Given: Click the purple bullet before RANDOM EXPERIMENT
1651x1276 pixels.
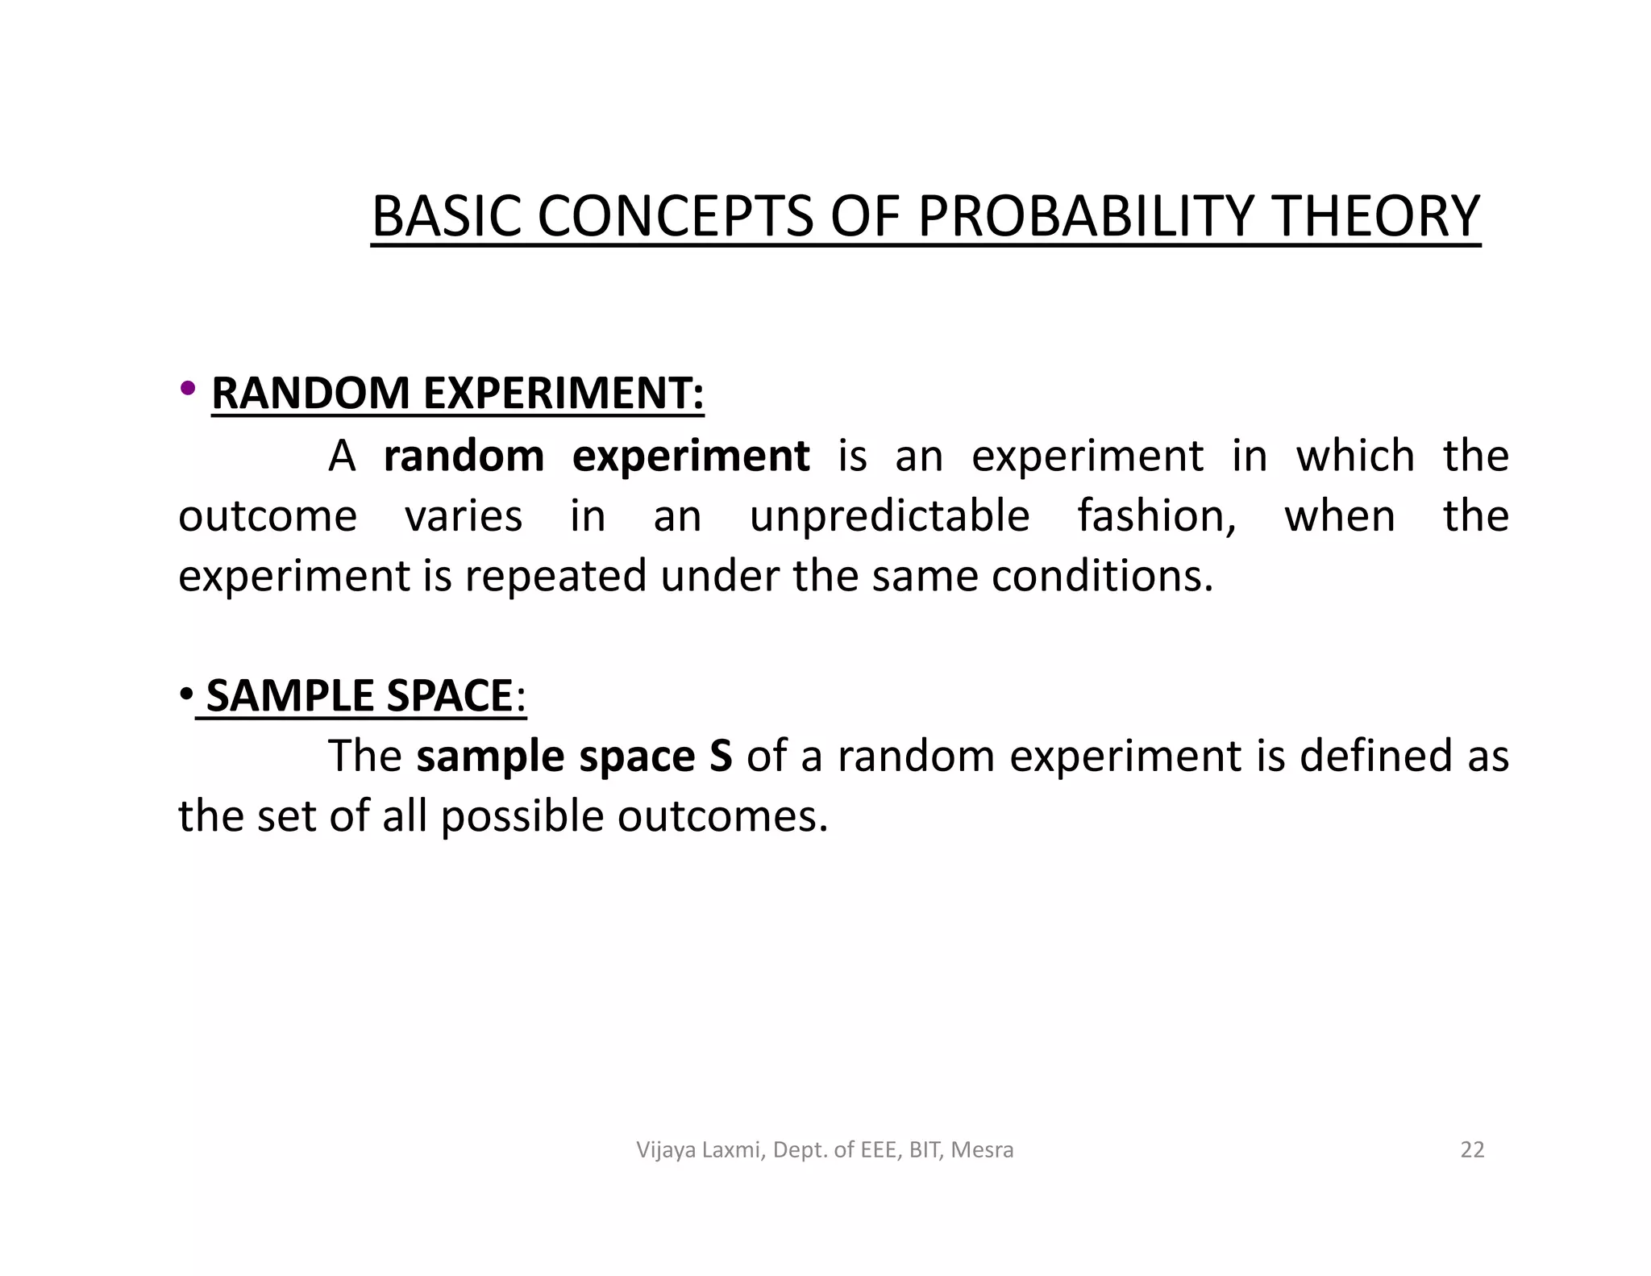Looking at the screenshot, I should point(188,389).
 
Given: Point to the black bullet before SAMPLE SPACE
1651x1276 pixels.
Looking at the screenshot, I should point(185,694).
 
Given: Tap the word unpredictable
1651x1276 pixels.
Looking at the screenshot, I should point(889,516).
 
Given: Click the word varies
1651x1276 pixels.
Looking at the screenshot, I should point(463,516).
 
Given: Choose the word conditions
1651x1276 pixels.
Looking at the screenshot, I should point(1101,576).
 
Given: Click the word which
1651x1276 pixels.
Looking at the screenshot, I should point(1355,456).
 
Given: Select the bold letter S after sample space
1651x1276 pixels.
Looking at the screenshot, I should point(721,757).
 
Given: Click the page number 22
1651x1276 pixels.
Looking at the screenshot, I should point(1472,1149).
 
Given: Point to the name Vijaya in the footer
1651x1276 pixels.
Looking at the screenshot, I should point(667,1150).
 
